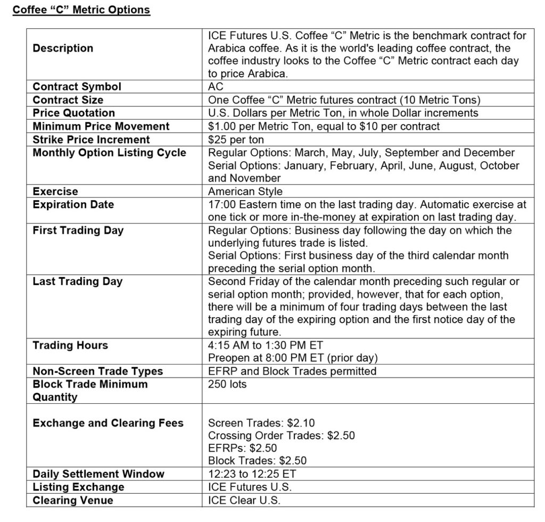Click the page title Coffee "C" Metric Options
[x=81, y=10]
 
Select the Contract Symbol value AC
[x=216, y=87]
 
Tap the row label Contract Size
[x=68, y=100]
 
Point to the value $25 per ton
[x=236, y=139]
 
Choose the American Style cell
[x=245, y=192]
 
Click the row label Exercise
[x=55, y=192]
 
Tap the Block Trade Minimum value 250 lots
[x=227, y=384]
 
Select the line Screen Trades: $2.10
[x=261, y=423]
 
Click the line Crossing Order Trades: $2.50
[x=281, y=436]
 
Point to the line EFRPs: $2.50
[x=242, y=449]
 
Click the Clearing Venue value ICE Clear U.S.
[x=244, y=500]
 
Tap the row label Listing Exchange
[x=78, y=487]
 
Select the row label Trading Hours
[x=70, y=345]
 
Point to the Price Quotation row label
[x=73, y=113]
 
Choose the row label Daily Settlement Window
[x=98, y=474]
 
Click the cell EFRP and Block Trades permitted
[x=292, y=371]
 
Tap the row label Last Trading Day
[x=78, y=281]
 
